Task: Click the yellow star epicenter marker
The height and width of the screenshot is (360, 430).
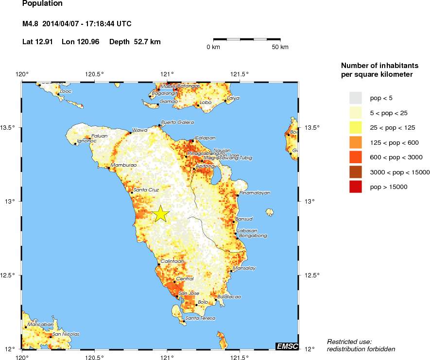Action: click(161, 214)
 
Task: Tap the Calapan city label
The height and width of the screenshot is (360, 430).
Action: click(205, 138)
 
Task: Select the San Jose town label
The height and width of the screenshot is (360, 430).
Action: click(189, 293)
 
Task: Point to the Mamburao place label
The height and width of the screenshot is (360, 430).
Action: click(123, 165)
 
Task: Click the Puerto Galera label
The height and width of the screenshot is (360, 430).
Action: click(177, 122)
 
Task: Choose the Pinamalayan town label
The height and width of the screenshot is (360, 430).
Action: click(255, 193)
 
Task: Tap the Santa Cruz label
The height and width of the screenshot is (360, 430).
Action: click(146, 189)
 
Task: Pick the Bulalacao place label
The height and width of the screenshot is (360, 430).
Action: click(229, 296)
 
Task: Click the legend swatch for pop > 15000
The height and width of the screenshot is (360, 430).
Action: click(356, 187)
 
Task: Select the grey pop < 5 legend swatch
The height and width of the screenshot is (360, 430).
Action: click(356, 98)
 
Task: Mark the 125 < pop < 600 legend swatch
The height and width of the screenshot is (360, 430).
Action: click(356, 142)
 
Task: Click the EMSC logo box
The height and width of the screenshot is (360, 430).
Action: click(287, 346)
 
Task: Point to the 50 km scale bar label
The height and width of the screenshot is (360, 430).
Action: click(280, 47)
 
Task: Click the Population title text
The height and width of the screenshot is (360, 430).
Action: click(42, 3)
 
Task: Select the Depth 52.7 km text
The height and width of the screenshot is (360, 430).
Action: click(135, 42)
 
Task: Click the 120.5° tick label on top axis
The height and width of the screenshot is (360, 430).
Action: click(94, 74)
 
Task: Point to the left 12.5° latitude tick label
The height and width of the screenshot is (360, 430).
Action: click(10, 275)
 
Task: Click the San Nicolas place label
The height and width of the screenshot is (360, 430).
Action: click(66, 334)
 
